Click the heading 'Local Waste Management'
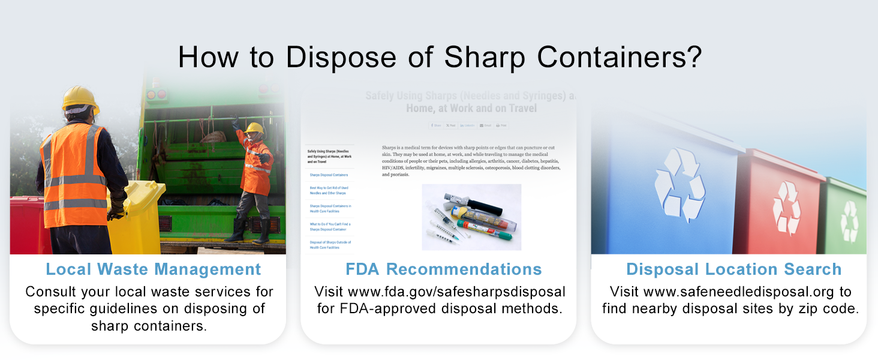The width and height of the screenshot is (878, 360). pos(154,269)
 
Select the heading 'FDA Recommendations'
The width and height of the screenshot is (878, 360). pos(443,269)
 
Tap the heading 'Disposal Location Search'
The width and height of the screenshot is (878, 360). pos(733,269)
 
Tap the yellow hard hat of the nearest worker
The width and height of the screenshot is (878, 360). pos(80,98)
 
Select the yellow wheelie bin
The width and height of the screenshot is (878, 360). pos(142,216)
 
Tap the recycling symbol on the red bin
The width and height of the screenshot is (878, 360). pos(786,208)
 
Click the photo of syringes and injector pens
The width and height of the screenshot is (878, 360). pos(471,217)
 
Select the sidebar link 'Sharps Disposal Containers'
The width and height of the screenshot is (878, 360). pos(329,175)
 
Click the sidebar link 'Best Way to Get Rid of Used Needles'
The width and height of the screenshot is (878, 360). pos(329,190)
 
